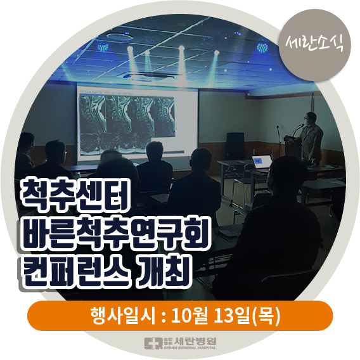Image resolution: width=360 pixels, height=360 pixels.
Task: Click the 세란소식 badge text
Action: tap(314, 44)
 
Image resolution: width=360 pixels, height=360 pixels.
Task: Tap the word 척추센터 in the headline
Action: tap(74, 195)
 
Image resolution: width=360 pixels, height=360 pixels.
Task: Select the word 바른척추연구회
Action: tap(115, 233)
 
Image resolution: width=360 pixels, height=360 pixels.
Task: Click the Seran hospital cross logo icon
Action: tap(153, 344)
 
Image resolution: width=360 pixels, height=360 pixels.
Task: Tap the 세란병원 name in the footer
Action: tap(195, 341)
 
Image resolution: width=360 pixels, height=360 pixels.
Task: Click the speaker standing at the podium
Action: tap(310, 138)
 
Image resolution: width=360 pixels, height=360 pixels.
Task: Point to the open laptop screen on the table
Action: tap(262, 161)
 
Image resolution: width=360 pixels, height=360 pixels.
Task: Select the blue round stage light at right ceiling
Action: tap(262, 47)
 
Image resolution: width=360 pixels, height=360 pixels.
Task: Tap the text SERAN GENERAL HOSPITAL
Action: tap(190, 348)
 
